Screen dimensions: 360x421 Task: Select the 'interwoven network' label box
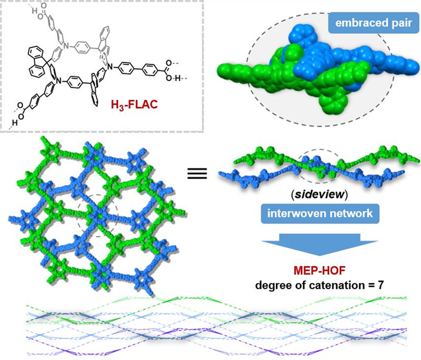click(315, 213)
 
